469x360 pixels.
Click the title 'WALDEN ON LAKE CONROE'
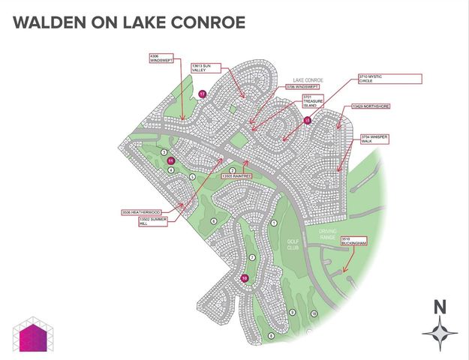coord(129,23)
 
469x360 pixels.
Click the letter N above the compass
coord(440,306)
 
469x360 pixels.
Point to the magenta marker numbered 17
coord(203,94)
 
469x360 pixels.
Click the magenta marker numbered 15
coord(307,120)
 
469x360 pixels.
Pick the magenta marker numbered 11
coord(171,160)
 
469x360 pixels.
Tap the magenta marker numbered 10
coord(244,278)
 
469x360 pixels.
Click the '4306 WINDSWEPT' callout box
coord(162,58)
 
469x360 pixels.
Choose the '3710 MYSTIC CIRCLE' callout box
coord(401,78)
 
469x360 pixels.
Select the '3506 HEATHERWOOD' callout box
coord(141,212)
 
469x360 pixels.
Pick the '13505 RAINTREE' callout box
coord(236,176)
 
